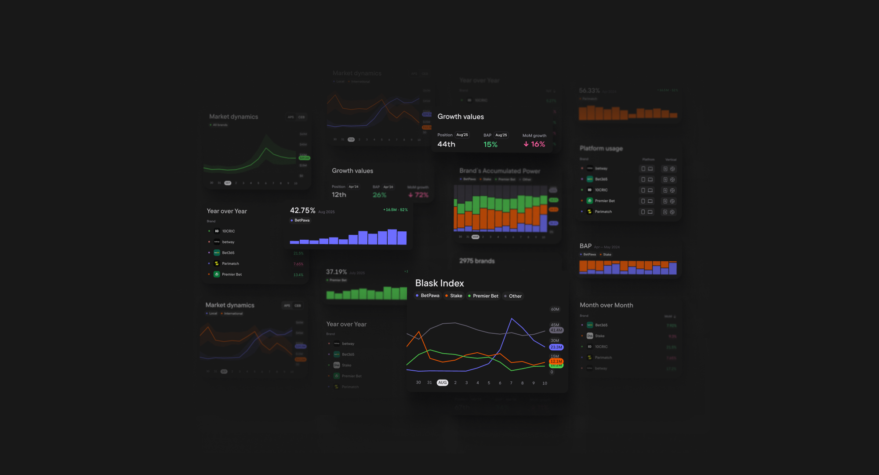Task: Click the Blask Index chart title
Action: click(439, 283)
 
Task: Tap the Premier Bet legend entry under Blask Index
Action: click(483, 296)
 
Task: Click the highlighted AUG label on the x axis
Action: click(442, 383)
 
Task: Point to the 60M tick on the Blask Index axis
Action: click(555, 309)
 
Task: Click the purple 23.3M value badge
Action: click(556, 347)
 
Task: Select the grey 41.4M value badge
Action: click(556, 330)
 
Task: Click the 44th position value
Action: click(446, 144)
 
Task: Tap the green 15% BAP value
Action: click(490, 144)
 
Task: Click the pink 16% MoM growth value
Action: click(534, 144)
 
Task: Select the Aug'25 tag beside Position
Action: click(462, 135)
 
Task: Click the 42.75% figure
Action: click(302, 211)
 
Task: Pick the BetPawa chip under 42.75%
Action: click(300, 220)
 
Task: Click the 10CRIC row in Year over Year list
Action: click(228, 231)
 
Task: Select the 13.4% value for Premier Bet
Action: click(298, 275)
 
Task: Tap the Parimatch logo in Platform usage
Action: click(590, 212)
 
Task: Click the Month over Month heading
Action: click(606, 305)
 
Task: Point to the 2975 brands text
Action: click(477, 261)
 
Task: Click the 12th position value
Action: click(339, 195)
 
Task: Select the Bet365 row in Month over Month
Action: click(601, 325)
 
